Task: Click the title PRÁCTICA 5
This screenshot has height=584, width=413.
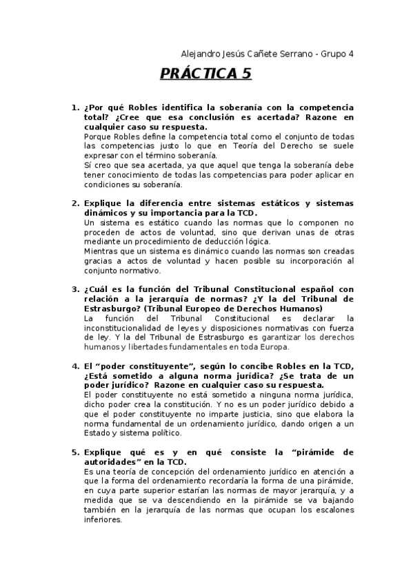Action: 206,74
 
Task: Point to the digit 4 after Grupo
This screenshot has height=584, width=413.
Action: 350,53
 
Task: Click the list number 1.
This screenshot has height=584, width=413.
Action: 74,108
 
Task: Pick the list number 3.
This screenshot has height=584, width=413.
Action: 74,289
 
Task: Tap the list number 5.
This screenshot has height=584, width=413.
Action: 74,452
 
